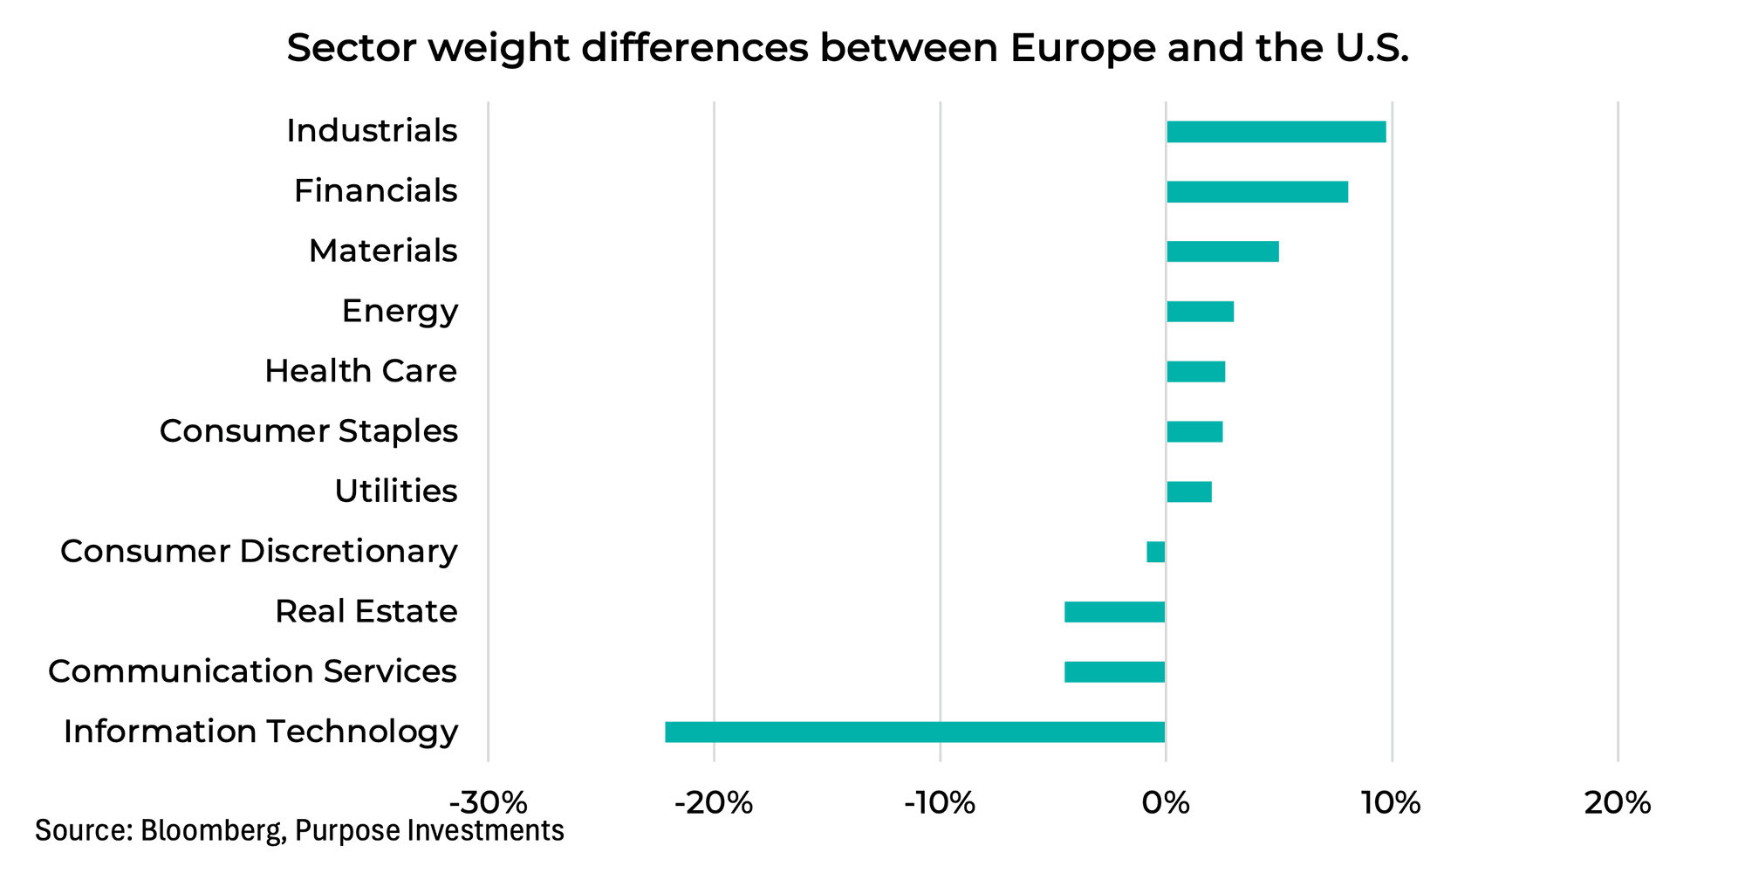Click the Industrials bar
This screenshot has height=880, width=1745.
tap(1276, 132)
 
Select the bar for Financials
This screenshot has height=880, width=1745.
tap(1256, 192)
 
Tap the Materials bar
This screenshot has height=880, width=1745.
tap(1221, 251)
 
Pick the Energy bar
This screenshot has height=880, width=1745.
tap(1200, 312)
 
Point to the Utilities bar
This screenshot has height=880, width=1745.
tap(1188, 492)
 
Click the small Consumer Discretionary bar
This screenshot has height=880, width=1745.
tap(1156, 552)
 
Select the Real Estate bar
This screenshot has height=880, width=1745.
tap(1114, 612)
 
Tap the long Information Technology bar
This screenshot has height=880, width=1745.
tap(914, 732)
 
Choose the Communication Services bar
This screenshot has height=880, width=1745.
tap(1114, 672)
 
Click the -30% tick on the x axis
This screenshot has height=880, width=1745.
tap(488, 802)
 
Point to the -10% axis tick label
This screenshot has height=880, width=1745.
tap(940, 802)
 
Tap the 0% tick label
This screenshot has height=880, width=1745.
tap(1166, 802)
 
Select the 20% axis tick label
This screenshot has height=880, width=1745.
tap(1617, 802)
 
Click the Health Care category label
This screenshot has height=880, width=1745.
tap(360, 372)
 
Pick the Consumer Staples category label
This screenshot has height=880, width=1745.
tap(308, 431)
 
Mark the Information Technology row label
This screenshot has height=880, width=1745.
tap(260, 732)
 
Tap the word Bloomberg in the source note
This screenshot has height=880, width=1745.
tap(213, 830)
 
